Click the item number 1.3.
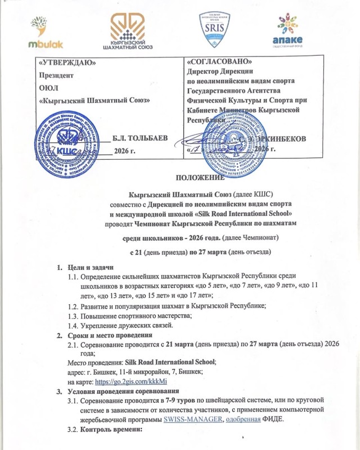pyautogui.click(x=73, y=316)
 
